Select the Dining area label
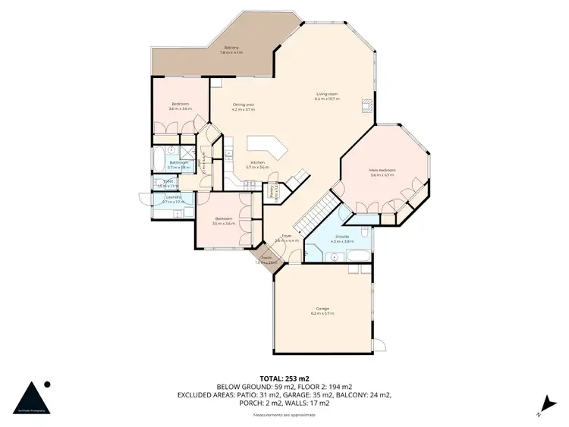coord(243,106)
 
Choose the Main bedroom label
coord(382,172)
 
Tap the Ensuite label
coord(342,238)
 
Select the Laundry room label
coord(174,199)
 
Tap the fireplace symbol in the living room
coord(367,105)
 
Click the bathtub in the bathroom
coord(158,161)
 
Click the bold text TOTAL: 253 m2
coord(284,378)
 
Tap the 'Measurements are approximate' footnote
coord(284,415)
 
